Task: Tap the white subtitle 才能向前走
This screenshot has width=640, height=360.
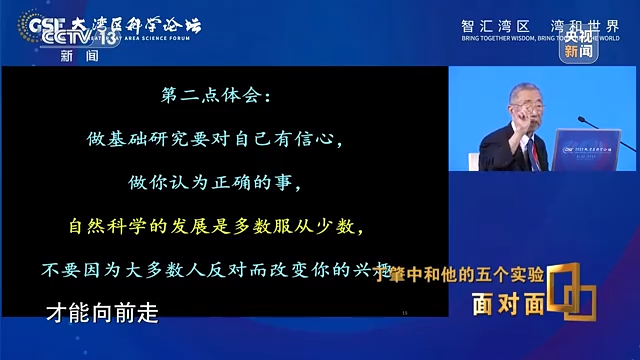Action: click(x=102, y=312)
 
